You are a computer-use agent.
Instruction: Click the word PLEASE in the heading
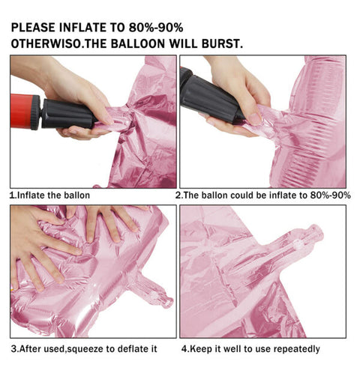(x=33, y=28)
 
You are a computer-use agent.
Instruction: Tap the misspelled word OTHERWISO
(x=46, y=44)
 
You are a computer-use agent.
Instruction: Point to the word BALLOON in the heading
(x=138, y=44)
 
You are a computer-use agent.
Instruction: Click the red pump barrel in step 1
(x=22, y=111)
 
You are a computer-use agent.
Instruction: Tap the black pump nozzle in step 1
(x=67, y=114)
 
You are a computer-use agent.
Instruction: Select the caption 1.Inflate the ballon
(x=49, y=195)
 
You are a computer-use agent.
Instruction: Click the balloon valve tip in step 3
(x=168, y=303)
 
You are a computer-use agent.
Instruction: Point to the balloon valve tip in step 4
(x=317, y=231)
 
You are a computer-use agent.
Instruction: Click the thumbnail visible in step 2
(x=254, y=119)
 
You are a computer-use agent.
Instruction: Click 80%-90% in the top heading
(x=156, y=28)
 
